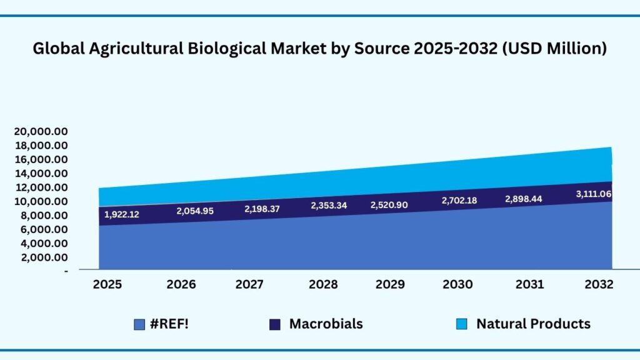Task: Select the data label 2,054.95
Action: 194,211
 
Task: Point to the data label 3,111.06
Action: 593,194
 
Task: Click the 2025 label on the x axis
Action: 107,284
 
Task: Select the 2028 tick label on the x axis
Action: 323,284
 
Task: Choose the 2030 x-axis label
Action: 457,284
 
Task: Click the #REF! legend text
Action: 169,324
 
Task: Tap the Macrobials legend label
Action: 326,324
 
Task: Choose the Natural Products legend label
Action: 533,324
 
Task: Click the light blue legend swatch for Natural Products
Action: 461,324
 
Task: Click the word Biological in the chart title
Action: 226,48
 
